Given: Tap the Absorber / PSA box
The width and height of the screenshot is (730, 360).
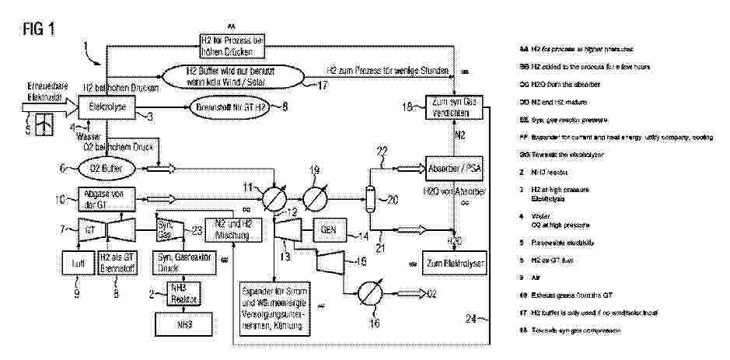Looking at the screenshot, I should click(x=453, y=166).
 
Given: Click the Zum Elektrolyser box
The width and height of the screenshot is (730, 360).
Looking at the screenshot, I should click(x=453, y=263).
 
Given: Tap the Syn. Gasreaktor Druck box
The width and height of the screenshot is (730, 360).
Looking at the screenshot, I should click(x=178, y=263).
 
